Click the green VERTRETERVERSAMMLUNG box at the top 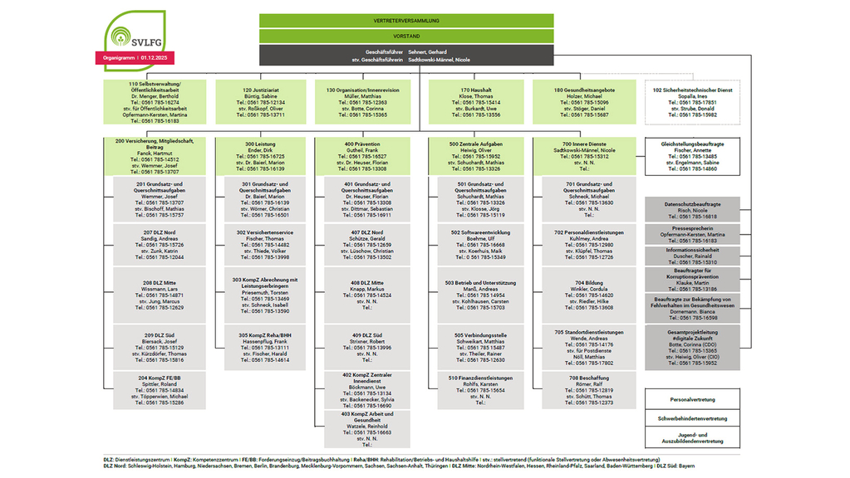406,20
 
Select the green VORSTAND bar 406,37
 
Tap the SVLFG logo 130,34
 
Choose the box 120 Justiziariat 258,102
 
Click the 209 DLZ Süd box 160,348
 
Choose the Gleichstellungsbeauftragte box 692,156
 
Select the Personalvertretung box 692,399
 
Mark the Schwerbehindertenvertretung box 692,418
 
